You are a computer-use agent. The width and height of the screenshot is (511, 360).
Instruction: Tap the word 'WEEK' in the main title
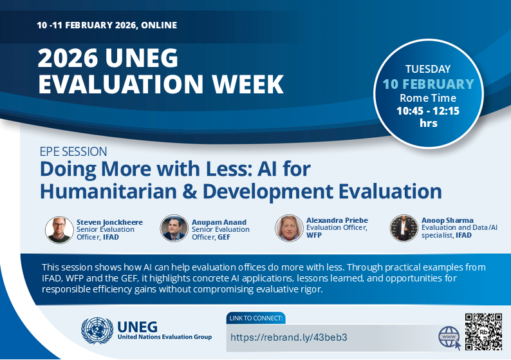click(237, 84)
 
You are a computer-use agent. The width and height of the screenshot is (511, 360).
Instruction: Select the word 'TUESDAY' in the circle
click(428, 69)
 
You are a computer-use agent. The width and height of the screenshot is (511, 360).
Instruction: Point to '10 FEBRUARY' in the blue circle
click(428, 84)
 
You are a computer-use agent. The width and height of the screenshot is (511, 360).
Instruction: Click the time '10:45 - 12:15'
click(428, 111)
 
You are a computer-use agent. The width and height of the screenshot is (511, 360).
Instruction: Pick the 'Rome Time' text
click(428, 99)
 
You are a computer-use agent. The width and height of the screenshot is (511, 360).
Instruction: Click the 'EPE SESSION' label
click(73, 152)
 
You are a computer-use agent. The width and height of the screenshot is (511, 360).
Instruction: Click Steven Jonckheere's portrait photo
click(59, 229)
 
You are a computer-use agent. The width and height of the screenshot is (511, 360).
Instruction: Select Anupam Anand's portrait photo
click(174, 228)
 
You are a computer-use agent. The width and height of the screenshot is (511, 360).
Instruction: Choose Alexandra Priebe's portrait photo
click(289, 228)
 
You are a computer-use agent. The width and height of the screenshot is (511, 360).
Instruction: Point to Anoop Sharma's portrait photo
click(404, 228)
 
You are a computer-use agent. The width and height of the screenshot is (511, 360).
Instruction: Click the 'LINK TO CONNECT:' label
click(256, 318)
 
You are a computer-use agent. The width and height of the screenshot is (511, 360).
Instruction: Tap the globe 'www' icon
click(449, 337)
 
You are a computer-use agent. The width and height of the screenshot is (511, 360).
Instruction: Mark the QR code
click(483, 330)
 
